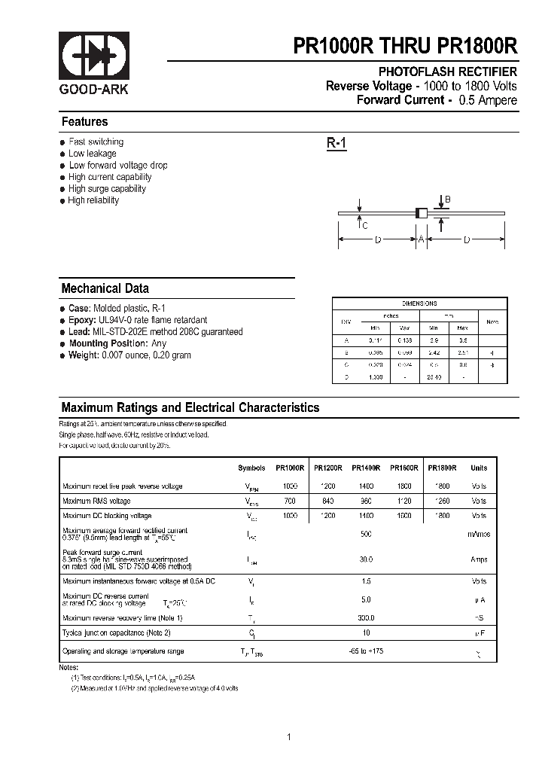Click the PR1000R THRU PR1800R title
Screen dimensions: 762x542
point(405,46)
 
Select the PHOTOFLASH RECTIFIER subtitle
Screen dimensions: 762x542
point(447,72)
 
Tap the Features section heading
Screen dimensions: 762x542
point(84,122)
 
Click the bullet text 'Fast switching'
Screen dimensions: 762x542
point(96,142)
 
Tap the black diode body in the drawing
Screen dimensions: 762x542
point(422,214)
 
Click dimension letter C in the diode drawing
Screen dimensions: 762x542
point(364,225)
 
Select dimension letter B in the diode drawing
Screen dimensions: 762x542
point(447,200)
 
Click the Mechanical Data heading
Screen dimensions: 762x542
point(105,288)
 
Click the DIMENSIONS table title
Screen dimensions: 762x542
point(419,303)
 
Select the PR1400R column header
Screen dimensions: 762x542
point(366,468)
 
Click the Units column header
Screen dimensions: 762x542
point(479,468)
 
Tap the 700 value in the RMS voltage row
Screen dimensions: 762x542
point(291,501)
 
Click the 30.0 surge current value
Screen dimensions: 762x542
point(367,559)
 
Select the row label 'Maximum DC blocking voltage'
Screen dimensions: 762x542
point(107,516)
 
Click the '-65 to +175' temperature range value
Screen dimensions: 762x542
point(366,651)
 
